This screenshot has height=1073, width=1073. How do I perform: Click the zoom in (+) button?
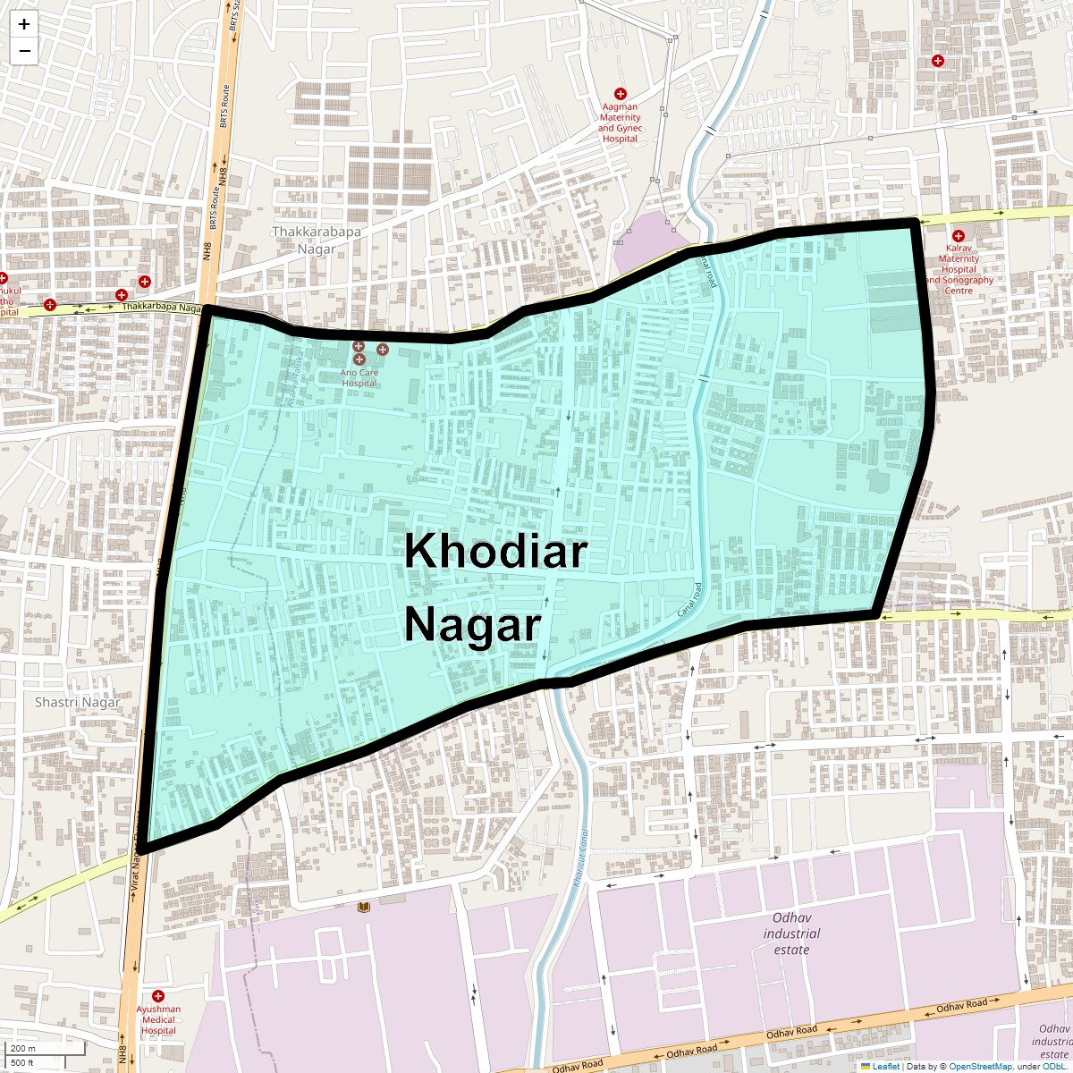pos(24,24)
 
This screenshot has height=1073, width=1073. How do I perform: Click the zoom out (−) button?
pos(24,51)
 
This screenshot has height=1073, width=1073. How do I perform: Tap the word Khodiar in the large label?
pos(495,552)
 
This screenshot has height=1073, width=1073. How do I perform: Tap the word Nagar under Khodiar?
pos(473,625)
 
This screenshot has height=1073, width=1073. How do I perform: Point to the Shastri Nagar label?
pos(77,702)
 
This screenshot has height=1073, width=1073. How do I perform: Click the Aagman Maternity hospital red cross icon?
pos(620,94)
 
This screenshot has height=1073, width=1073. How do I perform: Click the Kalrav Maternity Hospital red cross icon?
pos(958,235)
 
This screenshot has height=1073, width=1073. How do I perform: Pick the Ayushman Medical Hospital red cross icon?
pos(158,995)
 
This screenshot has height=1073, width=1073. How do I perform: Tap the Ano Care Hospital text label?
pos(359,377)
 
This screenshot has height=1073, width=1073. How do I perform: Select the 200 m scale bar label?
pos(23,1048)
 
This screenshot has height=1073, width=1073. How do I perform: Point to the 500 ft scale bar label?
pos(22,1063)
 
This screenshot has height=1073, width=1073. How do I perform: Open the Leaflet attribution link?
pos(885,1066)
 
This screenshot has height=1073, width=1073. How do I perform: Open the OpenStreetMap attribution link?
pos(980,1066)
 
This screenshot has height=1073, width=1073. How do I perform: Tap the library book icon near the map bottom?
pos(363,908)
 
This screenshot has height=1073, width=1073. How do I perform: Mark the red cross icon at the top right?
pos(937,61)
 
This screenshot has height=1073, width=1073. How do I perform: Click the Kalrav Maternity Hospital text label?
pos(959,269)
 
